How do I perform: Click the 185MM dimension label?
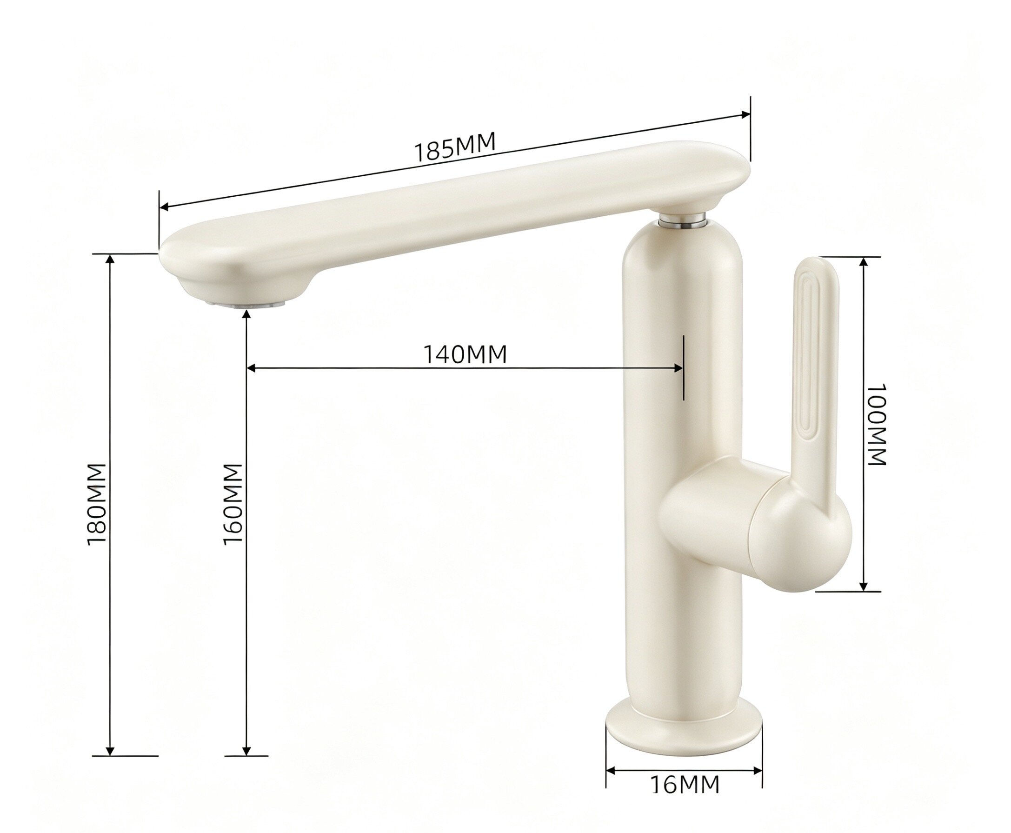(454, 147)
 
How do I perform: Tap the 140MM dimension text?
(465, 354)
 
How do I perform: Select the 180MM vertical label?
(96, 504)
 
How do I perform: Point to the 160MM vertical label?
(232, 504)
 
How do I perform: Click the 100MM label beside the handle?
(877, 424)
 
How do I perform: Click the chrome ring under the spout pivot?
(682, 220)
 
